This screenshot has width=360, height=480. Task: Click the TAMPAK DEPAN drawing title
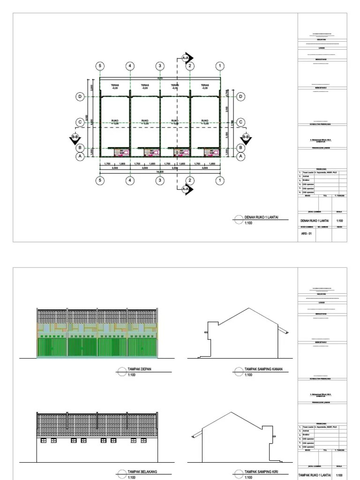pos(139,369)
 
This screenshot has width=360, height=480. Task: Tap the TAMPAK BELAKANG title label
pos(141,472)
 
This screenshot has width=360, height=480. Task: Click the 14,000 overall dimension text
pos(160,172)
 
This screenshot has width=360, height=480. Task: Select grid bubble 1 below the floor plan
pos(219,180)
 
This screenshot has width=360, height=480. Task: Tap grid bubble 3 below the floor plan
pos(160,180)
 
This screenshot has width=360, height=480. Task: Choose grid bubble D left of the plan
pos(80,97)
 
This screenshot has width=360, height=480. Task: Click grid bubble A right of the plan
pos(240,157)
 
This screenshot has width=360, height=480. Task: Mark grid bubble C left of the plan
pos(80,122)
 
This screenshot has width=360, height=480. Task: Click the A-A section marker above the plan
pos(186,58)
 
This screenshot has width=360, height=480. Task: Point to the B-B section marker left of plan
pos(75,138)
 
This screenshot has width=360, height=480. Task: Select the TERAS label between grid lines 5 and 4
pos(115,87)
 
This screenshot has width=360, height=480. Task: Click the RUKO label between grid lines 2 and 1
pos(204,121)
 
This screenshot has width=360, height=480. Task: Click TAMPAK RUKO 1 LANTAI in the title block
pos(315,475)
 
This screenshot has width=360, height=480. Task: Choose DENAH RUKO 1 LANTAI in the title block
pos(315,220)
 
